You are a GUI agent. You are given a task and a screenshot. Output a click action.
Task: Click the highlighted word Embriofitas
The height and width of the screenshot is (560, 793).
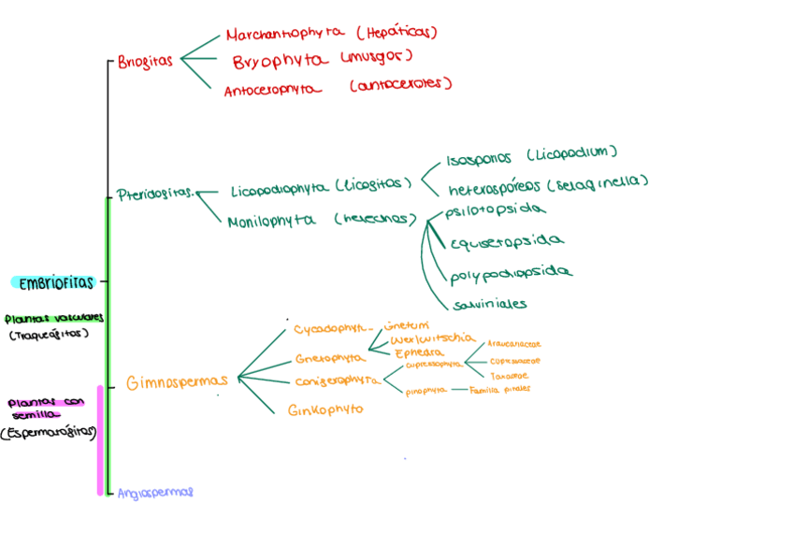tap(56, 282)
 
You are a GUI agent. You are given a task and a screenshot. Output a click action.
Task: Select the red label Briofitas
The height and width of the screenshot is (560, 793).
tap(145, 62)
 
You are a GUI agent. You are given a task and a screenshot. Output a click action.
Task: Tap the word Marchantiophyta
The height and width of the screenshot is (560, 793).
tap(286, 36)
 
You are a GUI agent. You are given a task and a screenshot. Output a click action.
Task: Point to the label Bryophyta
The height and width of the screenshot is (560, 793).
tap(281, 61)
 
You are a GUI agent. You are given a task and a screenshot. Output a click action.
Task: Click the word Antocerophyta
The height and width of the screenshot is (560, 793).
tap(271, 90)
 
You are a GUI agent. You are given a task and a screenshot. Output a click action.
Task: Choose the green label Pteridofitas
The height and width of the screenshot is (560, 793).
tap(154, 194)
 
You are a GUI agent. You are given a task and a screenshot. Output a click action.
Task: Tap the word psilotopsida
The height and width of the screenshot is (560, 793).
tap(494, 210)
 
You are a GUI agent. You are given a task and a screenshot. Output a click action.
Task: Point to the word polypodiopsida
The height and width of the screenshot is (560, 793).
tap(511, 274)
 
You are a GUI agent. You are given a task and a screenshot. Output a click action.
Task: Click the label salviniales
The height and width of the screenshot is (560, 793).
tap(489, 304)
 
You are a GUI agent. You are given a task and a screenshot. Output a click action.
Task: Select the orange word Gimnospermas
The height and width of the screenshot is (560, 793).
tap(177, 381)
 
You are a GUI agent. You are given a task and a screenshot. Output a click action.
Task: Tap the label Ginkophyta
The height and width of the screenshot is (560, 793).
tap(325, 409)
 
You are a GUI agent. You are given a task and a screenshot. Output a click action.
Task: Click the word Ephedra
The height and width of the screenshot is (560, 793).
tap(418, 352)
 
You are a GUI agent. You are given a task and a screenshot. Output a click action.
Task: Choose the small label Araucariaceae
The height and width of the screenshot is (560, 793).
tap(513, 344)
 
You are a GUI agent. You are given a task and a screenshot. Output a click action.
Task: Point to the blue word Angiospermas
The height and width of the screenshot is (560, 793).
tap(155, 492)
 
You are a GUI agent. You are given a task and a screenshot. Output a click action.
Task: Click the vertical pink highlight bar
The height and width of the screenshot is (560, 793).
tap(100, 439)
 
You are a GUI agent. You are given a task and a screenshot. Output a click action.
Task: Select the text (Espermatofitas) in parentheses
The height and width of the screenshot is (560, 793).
tap(49, 433)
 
